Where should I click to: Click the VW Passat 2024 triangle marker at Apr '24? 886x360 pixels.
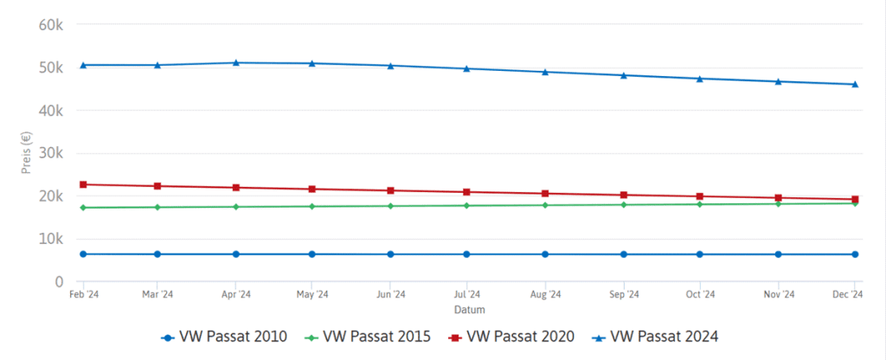tap(236, 62)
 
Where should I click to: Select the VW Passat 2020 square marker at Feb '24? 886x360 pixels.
tap(83, 184)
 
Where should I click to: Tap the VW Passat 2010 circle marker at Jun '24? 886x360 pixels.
tap(390, 254)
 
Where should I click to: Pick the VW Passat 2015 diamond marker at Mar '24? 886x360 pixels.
tap(157, 207)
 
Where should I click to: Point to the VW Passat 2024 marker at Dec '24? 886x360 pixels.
tap(855, 84)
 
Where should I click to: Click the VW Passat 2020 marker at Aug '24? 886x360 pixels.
tap(545, 193)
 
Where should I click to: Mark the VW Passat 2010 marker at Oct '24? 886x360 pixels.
tap(700, 254)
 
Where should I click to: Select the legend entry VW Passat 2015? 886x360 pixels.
tap(369, 336)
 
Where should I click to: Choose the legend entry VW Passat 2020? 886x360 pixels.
tap(512, 336)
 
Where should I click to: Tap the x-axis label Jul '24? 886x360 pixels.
tap(467, 294)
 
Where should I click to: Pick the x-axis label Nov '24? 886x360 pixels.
tap(778, 294)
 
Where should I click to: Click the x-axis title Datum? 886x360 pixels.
tap(468, 309)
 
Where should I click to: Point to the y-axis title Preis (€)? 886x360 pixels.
tap(26, 153)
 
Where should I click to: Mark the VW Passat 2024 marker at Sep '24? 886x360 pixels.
tap(623, 75)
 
